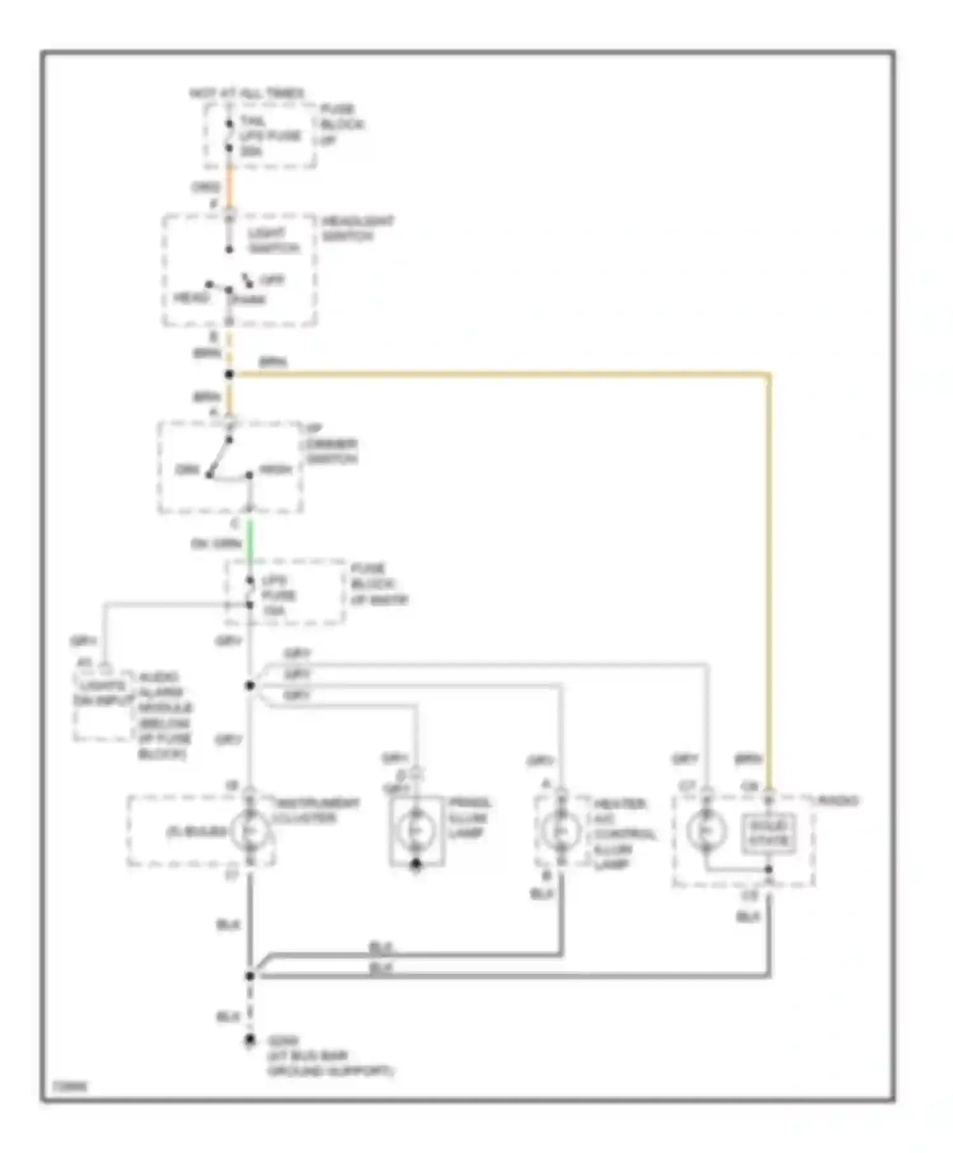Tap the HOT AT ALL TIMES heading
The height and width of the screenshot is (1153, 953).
247,93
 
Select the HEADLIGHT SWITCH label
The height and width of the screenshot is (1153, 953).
357,229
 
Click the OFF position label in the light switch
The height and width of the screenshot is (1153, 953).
272,280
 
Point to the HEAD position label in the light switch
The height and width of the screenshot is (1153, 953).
191,298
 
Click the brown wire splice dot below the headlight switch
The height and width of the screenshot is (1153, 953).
229,375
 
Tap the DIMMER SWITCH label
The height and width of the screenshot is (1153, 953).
330,451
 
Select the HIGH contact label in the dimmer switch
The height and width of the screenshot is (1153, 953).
276,470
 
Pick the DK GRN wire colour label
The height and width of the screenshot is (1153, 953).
217,544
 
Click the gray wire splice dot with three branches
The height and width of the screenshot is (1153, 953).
250,685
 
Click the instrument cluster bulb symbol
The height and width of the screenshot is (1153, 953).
250,830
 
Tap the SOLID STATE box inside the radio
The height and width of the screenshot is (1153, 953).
769,833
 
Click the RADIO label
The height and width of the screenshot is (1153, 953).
838,801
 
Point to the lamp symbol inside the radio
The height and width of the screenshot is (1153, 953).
706,830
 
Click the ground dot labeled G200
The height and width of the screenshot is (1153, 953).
250,1040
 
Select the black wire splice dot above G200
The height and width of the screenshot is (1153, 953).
250,975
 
